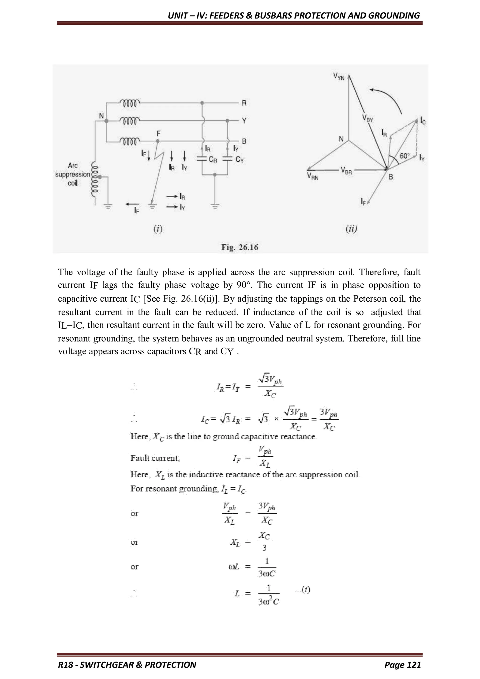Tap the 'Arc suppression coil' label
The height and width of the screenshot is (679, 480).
pos(72,174)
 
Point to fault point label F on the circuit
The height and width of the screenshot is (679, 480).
pos(159,133)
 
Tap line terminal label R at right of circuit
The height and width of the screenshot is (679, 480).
pos(244,103)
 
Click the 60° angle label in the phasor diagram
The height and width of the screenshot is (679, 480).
pos(405,156)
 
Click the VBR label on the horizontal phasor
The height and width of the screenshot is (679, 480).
pos(346,171)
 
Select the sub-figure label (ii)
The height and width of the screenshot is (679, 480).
pos(351,229)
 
